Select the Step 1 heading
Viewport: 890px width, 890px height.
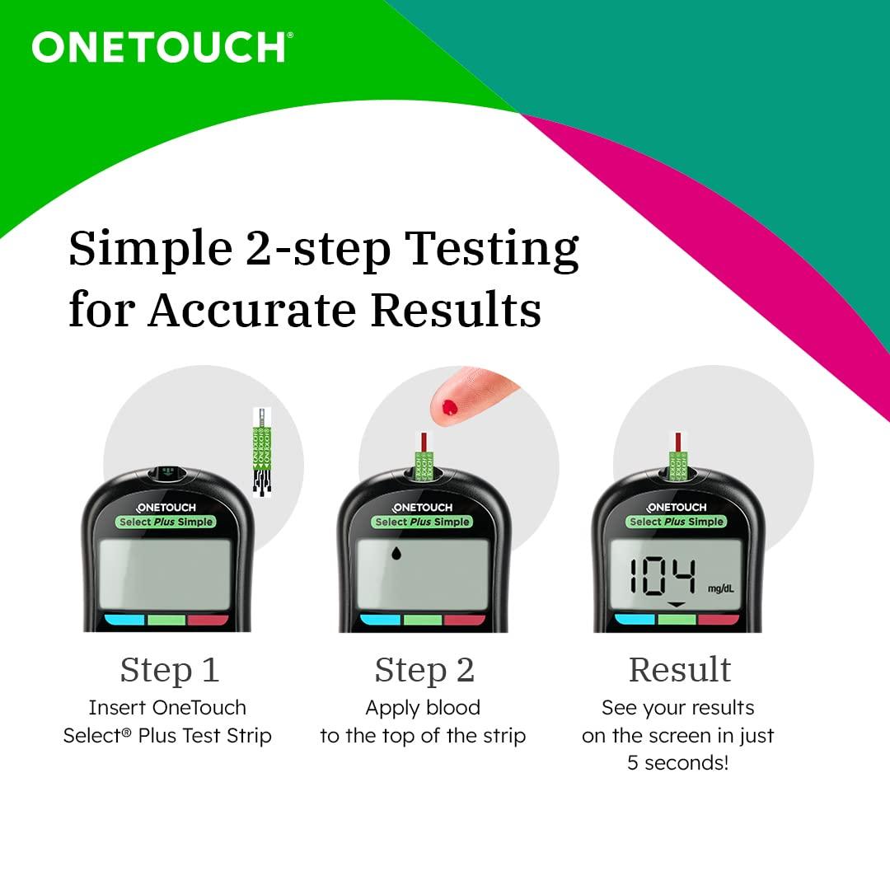coord(170,669)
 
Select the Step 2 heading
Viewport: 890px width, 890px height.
coord(424,669)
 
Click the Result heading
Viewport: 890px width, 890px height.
coord(680,669)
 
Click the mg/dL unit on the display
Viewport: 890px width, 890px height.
coord(721,588)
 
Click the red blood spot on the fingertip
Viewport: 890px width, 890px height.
coord(450,405)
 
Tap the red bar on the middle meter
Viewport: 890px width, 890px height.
coord(465,620)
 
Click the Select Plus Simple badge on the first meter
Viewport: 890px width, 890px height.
coord(166,522)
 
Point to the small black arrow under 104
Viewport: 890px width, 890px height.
coord(677,606)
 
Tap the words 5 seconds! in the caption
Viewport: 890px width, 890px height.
coord(677,762)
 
